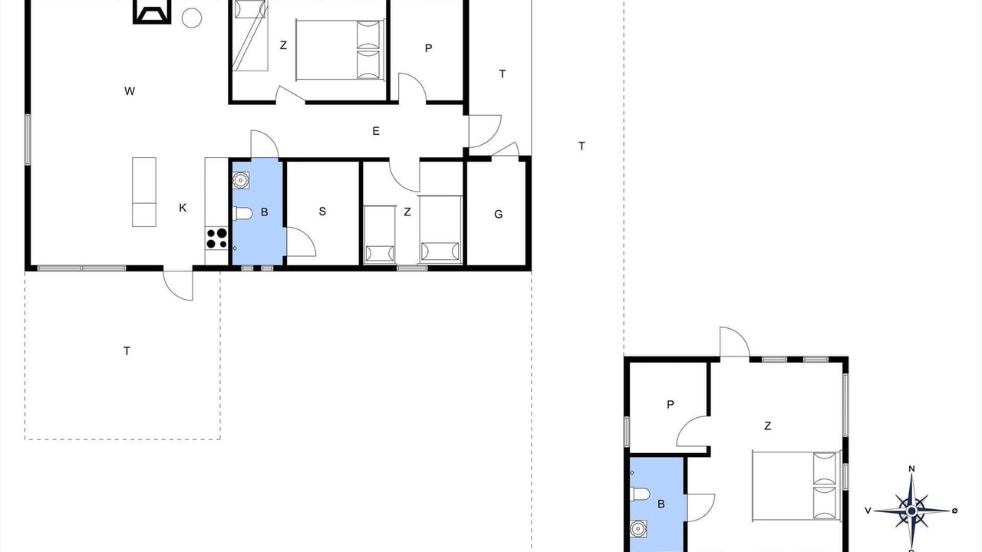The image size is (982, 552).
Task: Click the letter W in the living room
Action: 130,91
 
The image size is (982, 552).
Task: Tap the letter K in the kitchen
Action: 183,208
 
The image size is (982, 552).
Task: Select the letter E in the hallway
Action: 376,131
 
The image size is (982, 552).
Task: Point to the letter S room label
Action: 322,212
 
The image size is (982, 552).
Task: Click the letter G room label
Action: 499,214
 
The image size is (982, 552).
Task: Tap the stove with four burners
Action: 216,238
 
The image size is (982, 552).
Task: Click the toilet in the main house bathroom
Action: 243,214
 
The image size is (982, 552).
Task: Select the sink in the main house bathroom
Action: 241,180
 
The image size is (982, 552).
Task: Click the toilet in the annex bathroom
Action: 640,495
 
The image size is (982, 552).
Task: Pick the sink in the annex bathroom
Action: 638,528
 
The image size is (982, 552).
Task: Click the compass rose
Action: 912,511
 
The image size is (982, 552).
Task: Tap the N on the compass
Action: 911,468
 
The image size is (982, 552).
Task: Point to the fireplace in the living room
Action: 152,11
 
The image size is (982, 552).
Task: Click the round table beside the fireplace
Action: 192,18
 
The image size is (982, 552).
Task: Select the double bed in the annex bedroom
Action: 796,486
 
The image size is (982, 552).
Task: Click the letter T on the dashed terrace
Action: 127,351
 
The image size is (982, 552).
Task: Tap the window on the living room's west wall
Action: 28,140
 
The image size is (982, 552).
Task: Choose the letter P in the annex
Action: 671,405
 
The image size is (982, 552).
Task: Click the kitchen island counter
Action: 144,192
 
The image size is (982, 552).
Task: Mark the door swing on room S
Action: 302,242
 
